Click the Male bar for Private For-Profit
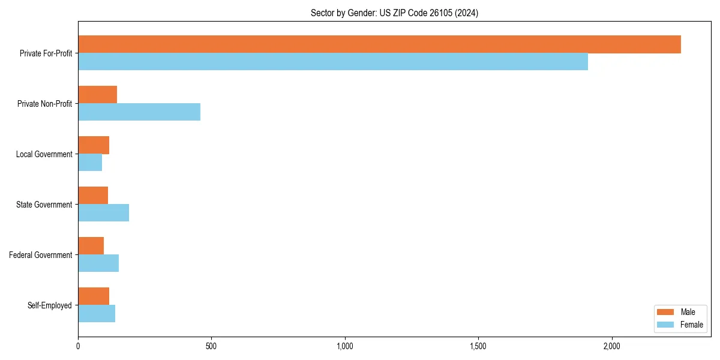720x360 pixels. [379, 44]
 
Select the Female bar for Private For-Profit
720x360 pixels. [333, 62]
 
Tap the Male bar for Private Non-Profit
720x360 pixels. [97, 95]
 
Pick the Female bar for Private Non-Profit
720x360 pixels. [139, 112]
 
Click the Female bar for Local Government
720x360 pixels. [90, 163]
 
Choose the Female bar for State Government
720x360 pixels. [103, 213]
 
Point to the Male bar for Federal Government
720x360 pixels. [91, 246]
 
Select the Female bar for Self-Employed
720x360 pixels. [97, 314]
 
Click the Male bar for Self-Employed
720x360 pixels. [94, 296]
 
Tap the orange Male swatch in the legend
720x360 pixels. [666, 312]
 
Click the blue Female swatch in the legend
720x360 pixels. [666, 325]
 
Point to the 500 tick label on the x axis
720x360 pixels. [211, 347]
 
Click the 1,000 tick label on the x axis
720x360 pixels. [344, 347]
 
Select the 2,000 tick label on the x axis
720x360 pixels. [611, 347]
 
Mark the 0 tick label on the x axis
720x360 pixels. [78, 347]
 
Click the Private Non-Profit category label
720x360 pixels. [44, 104]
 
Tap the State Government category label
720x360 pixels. [44, 205]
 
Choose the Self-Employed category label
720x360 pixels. [49, 305]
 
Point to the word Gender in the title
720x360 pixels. [362, 13]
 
